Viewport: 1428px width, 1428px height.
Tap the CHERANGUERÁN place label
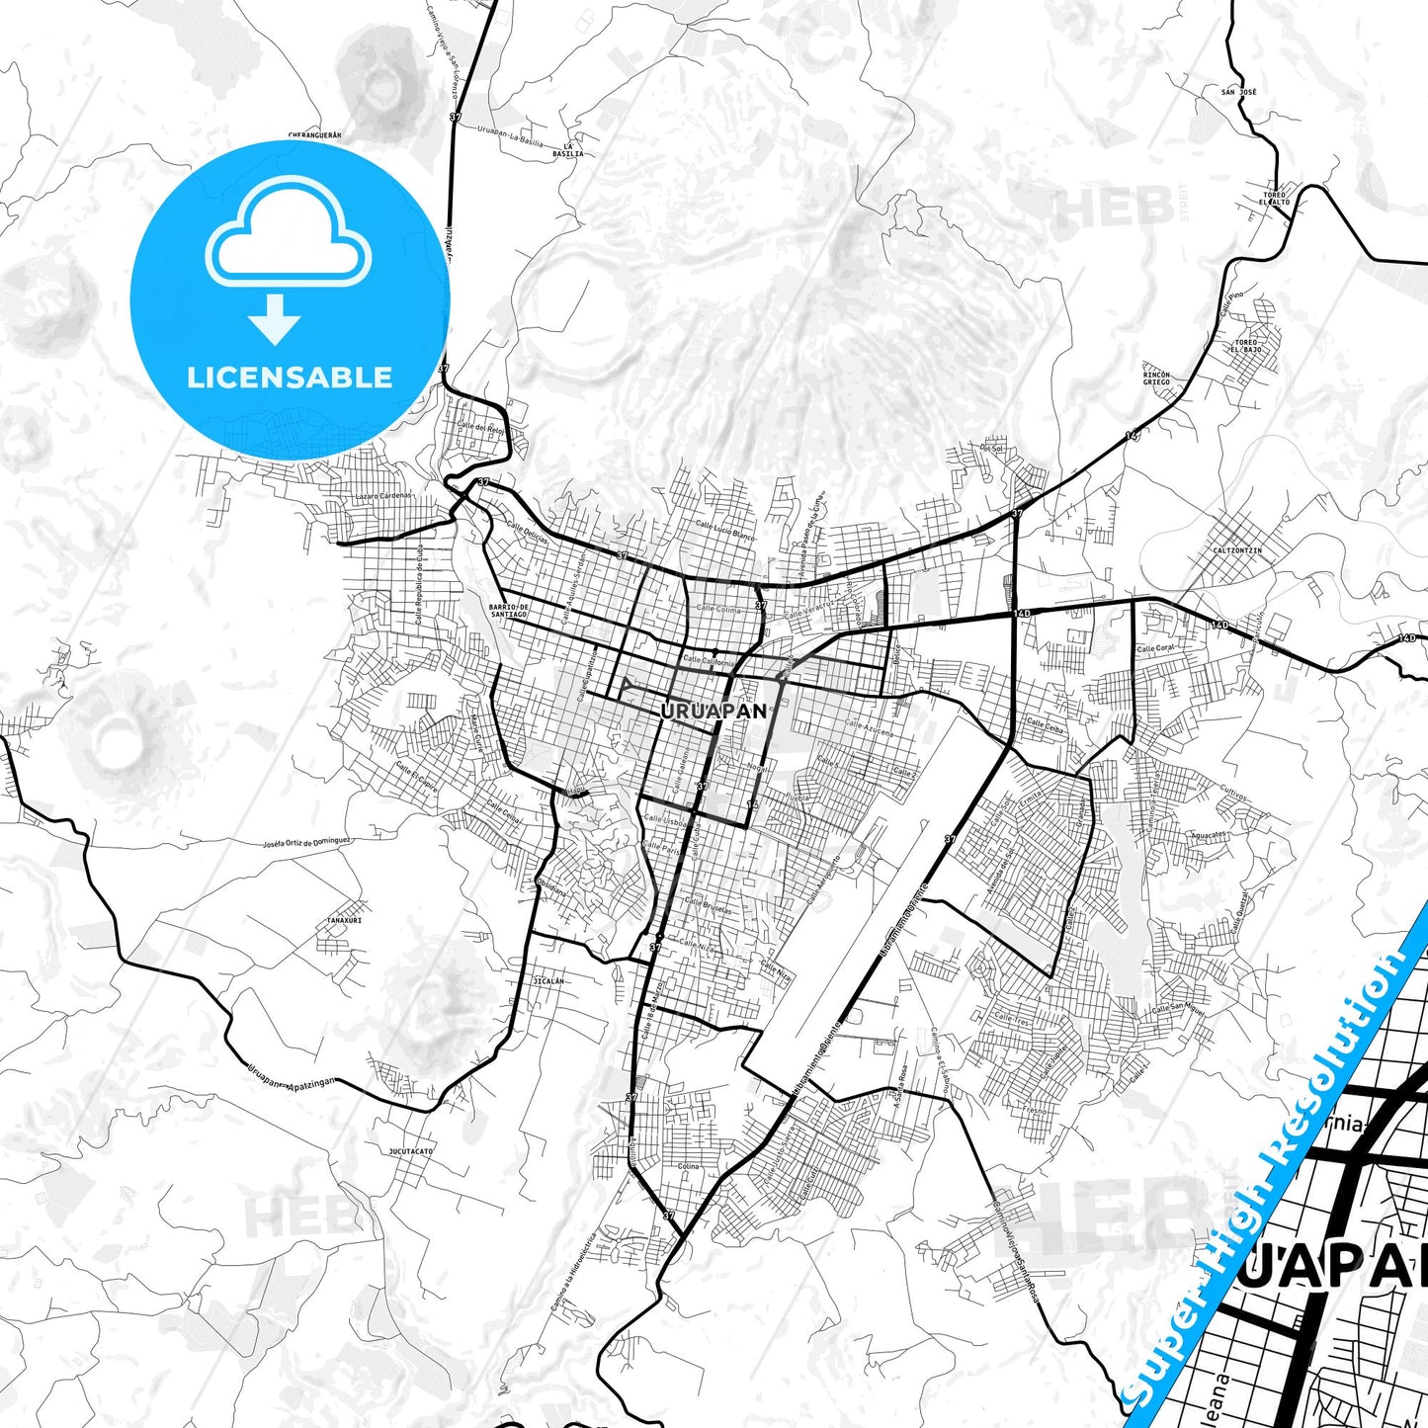[314, 134]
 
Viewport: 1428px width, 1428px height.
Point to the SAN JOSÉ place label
[1238, 92]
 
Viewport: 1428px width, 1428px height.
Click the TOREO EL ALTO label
[1276, 199]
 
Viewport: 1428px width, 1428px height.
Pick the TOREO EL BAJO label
[1246, 346]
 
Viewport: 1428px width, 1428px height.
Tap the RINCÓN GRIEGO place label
[1156, 378]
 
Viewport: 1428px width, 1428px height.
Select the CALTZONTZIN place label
[1237, 550]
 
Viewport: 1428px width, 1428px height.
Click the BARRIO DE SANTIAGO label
[509, 611]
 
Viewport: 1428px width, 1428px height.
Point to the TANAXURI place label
[344, 920]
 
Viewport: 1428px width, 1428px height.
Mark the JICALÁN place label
[548, 981]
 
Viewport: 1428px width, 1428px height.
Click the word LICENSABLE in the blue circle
[290, 377]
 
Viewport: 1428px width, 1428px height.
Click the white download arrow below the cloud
[275, 318]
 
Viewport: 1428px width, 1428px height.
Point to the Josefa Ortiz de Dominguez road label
[306, 843]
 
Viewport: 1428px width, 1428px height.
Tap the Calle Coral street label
[1156, 648]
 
